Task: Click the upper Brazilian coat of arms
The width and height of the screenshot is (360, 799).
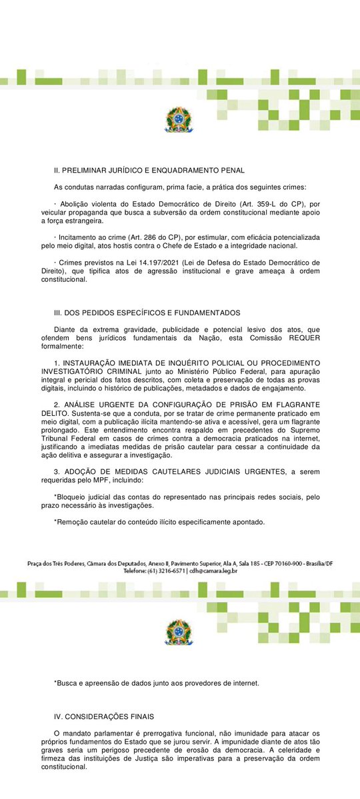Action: point(178,120)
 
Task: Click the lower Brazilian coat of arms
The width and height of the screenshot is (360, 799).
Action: point(178,632)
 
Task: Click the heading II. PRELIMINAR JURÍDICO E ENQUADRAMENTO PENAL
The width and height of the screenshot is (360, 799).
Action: point(149,171)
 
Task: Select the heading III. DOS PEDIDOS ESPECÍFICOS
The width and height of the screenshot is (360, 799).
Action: point(147,313)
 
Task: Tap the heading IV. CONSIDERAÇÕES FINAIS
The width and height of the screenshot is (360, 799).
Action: point(104,716)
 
